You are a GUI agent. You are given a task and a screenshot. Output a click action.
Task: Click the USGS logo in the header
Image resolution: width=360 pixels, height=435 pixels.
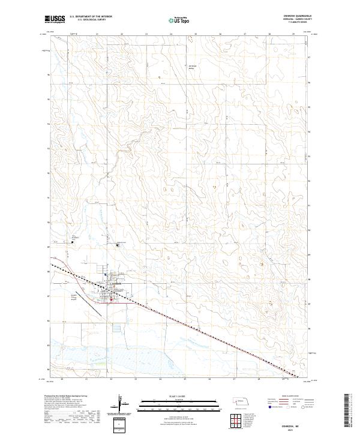56,20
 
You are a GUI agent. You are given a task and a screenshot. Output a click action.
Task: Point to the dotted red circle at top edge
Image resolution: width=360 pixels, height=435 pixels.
193,40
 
